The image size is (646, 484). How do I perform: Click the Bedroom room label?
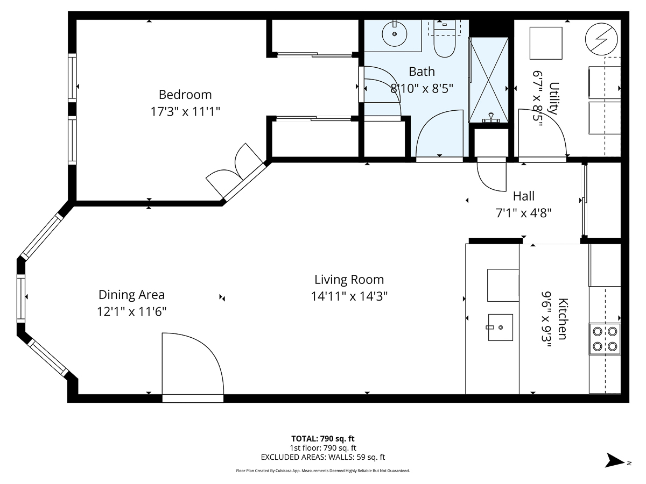click(185, 95)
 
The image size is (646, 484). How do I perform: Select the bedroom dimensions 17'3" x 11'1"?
click(185, 112)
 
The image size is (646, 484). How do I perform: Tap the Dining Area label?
click(131, 295)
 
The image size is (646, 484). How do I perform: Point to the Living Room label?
click(349, 280)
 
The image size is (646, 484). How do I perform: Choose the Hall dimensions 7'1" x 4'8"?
click(523, 213)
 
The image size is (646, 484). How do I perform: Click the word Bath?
click(422, 72)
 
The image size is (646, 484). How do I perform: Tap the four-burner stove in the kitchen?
click(605, 339)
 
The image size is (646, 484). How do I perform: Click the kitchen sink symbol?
click(500, 328)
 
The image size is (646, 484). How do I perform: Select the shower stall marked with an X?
click(489, 80)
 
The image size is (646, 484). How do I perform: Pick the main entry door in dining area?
click(192, 366)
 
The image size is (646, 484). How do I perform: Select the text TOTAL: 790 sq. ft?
click(322, 438)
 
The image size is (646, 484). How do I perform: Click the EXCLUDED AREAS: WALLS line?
click(322, 457)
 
